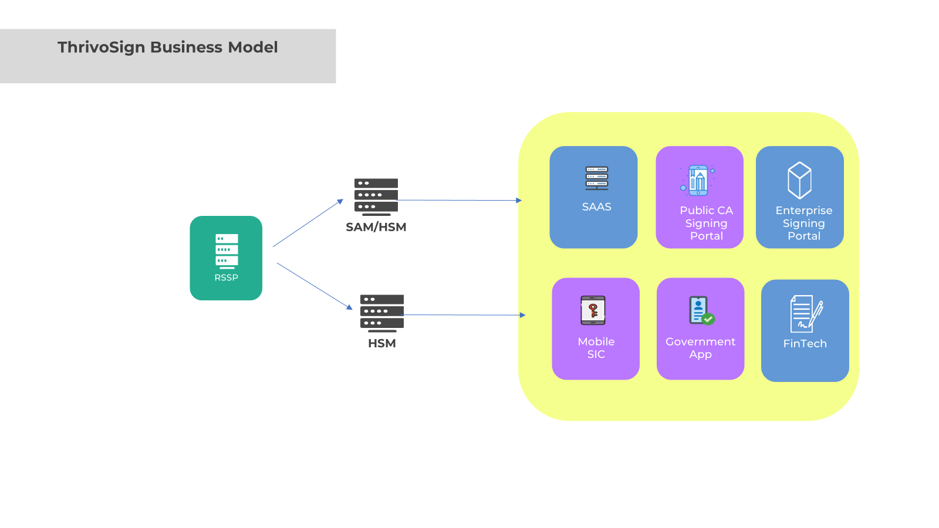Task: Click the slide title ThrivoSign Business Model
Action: pyautogui.click(x=168, y=48)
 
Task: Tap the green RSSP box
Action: pyautogui.click(x=226, y=258)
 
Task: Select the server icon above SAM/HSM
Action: pyautogui.click(x=376, y=196)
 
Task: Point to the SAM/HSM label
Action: pyautogui.click(x=376, y=227)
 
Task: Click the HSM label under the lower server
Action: pyautogui.click(x=382, y=343)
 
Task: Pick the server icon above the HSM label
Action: pyautogui.click(x=382, y=313)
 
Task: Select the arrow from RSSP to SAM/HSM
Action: pyautogui.click(x=308, y=223)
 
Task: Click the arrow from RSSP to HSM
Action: pyautogui.click(x=315, y=286)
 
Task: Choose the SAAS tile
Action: pyautogui.click(x=593, y=197)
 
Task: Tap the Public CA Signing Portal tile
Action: pyautogui.click(x=700, y=197)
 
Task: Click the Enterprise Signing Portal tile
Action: pyautogui.click(x=800, y=197)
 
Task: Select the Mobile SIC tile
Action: pyautogui.click(x=596, y=329)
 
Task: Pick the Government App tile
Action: pyautogui.click(x=700, y=329)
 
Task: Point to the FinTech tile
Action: pyautogui.click(x=805, y=330)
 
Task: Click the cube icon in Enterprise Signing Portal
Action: pyautogui.click(x=799, y=180)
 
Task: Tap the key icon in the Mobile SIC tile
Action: pyautogui.click(x=593, y=310)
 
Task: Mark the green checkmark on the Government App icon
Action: pyautogui.click(x=708, y=319)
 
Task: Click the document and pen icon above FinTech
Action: pyautogui.click(x=806, y=313)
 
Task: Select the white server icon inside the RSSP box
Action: pyautogui.click(x=227, y=251)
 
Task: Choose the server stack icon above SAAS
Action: pyautogui.click(x=597, y=178)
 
